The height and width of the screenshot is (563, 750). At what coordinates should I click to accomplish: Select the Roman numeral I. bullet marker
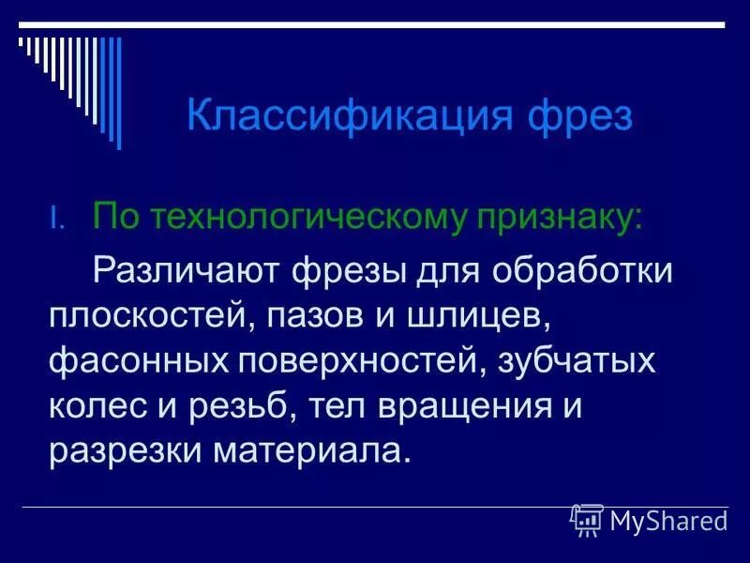pos(56,220)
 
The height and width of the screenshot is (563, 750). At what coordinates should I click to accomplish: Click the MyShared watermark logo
pos(649,519)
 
